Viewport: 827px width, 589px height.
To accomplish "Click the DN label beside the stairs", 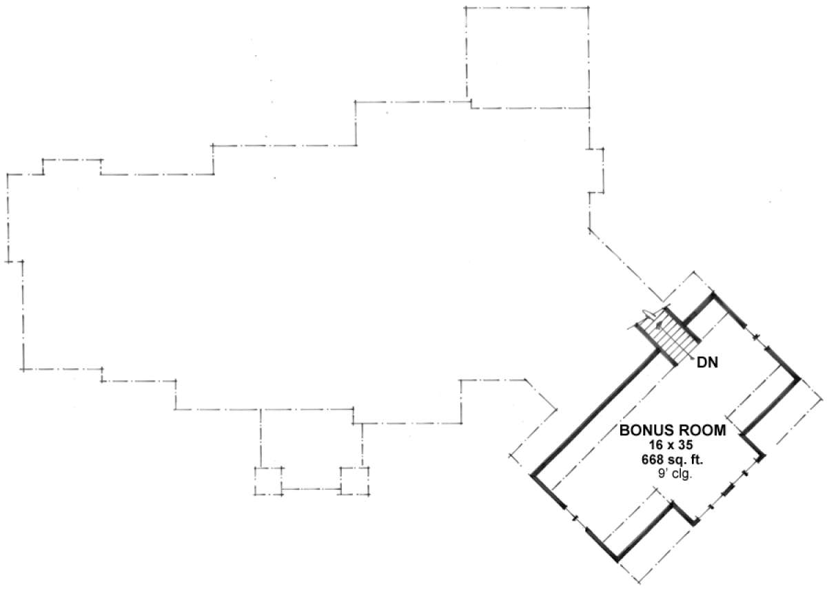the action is (707, 363).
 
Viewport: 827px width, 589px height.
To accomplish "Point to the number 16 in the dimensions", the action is (656, 445).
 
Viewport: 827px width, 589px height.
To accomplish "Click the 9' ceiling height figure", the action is (662, 473).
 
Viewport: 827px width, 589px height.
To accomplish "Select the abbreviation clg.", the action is (682, 474).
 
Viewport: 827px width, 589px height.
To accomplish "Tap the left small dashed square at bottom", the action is (268, 481).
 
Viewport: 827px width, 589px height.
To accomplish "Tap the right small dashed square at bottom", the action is (355, 481).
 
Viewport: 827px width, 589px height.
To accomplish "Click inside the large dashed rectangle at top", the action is (527, 57).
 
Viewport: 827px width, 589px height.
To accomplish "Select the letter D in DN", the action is (702, 363).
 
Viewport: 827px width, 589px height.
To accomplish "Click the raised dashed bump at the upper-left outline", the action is (72, 160).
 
